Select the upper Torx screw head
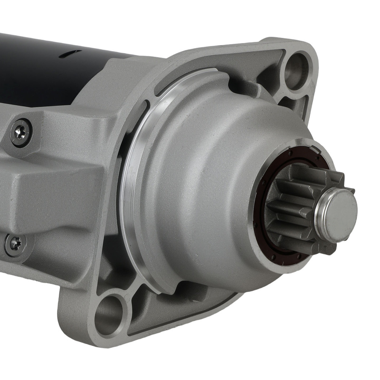pos(21,132)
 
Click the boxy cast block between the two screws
pos(57,190)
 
